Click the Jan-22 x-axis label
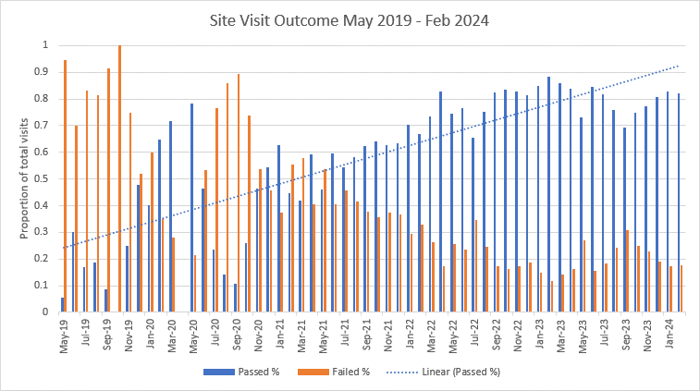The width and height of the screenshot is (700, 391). coord(411,331)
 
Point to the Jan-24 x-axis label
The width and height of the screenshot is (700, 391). coord(671,331)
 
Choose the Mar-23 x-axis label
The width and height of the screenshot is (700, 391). coord(563,331)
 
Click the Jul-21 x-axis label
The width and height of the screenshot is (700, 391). coord(346,331)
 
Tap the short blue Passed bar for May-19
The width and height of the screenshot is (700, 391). coord(62,305)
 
